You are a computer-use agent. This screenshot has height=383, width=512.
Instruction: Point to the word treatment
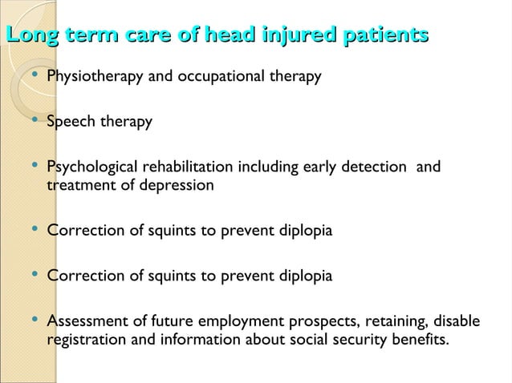(x=79, y=185)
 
